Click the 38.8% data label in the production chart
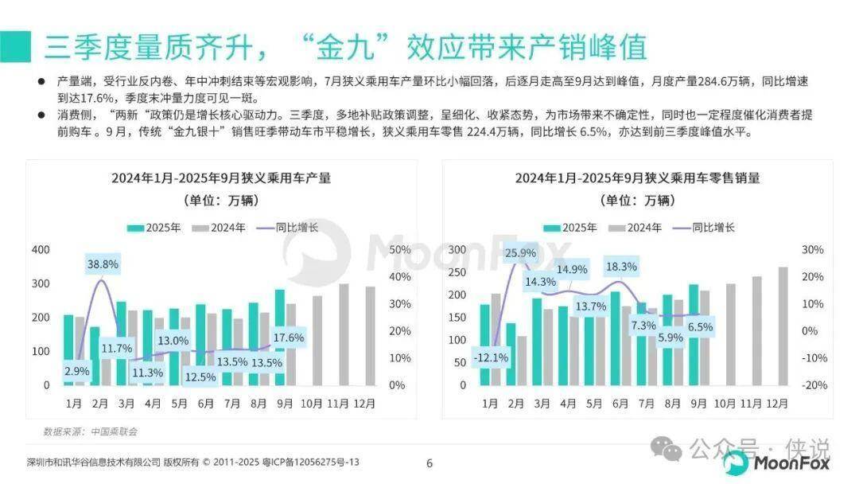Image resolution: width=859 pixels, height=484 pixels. [103, 263]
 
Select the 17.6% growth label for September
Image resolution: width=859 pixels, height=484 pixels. [288, 338]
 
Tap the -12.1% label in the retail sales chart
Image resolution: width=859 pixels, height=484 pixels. [490, 357]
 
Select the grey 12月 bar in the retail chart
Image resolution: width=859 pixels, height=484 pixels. [782, 327]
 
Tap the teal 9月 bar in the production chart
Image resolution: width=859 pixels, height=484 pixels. [280, 337]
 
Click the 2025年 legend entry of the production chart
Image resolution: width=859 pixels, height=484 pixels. [155, 228]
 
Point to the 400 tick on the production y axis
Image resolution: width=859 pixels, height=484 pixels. [41, 250]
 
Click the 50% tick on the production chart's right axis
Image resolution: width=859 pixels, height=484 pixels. [400, 250]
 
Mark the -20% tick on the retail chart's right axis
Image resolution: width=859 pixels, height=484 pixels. [814, 385]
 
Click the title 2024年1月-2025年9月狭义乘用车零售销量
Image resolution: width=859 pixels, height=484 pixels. [637, 178]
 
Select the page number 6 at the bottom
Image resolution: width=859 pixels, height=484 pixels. [429, 463]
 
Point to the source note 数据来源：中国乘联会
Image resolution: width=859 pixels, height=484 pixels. [91, 431]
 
